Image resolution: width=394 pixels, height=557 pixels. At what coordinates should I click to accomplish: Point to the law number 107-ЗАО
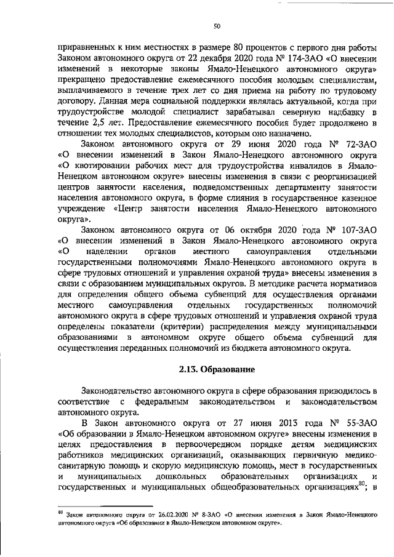(356, 230)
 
